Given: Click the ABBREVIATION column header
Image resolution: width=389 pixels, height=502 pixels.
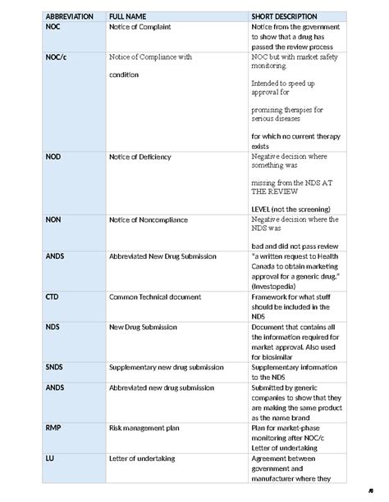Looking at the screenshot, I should point(69,16).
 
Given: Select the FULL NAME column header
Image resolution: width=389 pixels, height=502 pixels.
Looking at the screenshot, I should point(129,16).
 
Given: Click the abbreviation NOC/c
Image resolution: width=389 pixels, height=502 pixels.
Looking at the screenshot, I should point(57,57).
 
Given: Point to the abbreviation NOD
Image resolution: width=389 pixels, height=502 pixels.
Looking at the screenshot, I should point(53,156).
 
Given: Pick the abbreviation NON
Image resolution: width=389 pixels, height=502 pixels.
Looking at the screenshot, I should point(53,219).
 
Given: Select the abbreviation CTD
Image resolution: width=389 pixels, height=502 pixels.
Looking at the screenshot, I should point(53,296).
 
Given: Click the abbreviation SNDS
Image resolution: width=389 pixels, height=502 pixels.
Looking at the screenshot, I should point(54,367).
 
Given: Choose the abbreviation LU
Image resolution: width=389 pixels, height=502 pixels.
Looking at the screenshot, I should point(50,458).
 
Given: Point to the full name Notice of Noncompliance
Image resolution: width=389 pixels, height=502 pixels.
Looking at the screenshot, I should point(149,219).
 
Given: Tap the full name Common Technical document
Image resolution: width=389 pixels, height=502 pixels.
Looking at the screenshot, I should point(158,296).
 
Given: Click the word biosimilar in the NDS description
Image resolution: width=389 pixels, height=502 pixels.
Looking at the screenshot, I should point(278,356).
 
